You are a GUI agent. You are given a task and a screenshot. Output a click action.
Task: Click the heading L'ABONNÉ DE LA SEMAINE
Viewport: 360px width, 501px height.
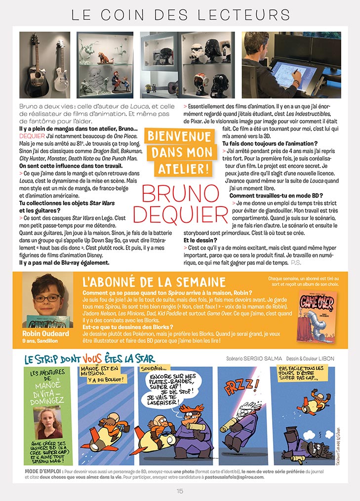coord(154,282)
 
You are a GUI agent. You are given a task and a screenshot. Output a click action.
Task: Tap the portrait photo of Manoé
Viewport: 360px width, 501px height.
coord(48,422)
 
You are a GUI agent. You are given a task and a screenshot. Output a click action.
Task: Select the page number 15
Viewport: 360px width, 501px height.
coord(180,491)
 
